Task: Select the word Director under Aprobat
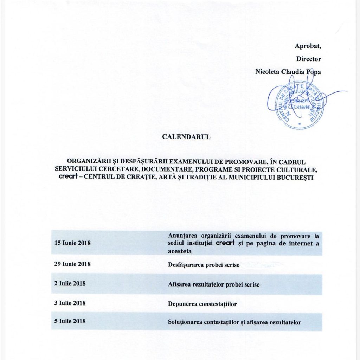pos(308,59)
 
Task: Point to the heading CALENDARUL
pos(186,137)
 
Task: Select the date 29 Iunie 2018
pos(72,264)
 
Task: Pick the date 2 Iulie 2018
pos(70,283)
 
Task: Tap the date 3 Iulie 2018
pos(70,303)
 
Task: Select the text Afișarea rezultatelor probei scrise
pos(214,284)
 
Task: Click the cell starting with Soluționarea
pos(234,322)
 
